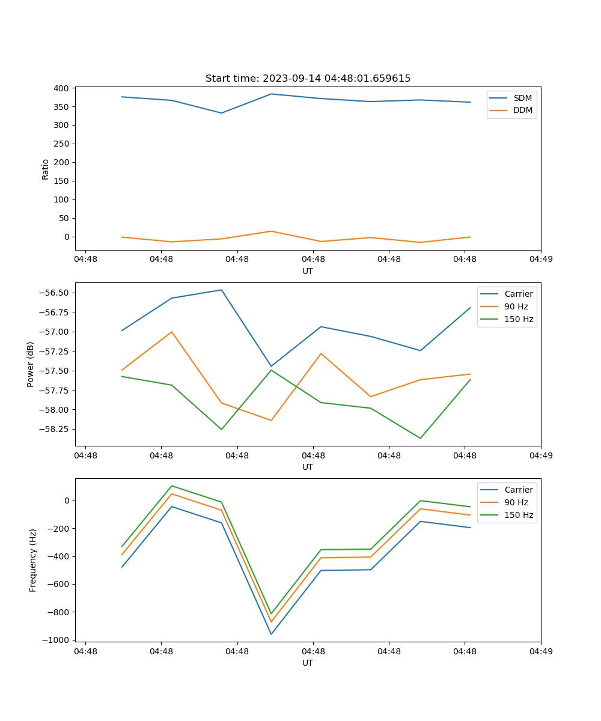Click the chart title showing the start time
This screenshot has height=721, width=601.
(308, 79)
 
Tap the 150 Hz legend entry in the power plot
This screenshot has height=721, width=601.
(518, 319)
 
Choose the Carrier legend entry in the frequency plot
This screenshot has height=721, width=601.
(518, 490)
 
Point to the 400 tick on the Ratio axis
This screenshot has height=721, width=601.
(61, 88)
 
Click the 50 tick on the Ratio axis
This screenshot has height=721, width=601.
(64, 218)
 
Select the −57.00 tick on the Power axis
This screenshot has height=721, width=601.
(53, 332)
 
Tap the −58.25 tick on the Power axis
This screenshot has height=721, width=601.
(53, 429)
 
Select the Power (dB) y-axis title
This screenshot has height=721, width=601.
(31, 364)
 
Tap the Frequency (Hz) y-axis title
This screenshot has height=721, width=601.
(33, 560)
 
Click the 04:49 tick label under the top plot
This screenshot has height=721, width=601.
(540, 260)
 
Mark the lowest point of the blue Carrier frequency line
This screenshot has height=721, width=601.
(271, 634)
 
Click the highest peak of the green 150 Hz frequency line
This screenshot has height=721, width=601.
(172, 485)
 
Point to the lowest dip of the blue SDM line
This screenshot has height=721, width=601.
(221, 113)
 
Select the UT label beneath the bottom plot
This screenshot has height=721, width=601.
(308, 663)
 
